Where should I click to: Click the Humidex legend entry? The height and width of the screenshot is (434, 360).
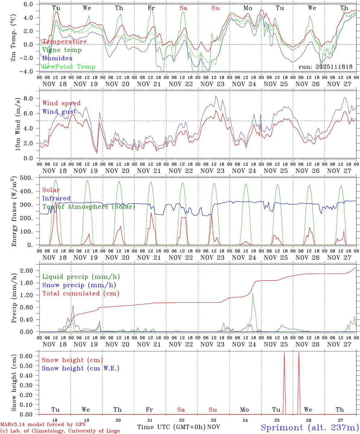tap(57, 58)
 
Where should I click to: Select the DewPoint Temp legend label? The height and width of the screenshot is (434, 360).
tap(69, 67)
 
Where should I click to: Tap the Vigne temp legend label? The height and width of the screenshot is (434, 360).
tap(62, 50)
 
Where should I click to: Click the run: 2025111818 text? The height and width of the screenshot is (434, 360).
tap(325, 67)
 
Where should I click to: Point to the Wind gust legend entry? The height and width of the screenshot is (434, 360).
tap(59, 112)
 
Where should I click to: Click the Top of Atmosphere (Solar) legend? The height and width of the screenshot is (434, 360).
tap(89, 207)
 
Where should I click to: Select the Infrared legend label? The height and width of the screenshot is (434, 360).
tap(56, 198)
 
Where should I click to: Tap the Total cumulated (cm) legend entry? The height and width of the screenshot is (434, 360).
tap(81, 294)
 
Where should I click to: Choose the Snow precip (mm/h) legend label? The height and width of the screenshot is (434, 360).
tap(79, 285)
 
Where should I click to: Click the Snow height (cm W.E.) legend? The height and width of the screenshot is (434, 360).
tap(80, 368)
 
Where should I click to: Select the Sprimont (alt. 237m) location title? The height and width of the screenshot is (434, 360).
tap(310, 427)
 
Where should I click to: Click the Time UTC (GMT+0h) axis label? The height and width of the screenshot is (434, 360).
tap(171, 427)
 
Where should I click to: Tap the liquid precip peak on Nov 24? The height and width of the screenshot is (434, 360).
tap(253, 294)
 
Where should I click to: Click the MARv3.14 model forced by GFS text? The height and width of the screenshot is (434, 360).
tap(43, 425)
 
